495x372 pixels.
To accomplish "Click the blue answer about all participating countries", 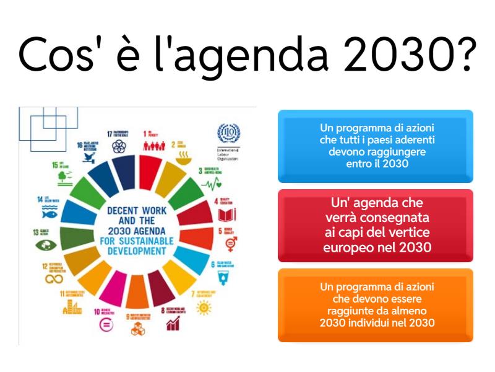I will (x=375, y=146).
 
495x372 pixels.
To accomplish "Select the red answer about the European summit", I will (x=375, y=226).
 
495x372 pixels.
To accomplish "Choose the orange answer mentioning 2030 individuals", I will (x=375, y=305).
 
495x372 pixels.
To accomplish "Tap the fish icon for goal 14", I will (x=45, y=212).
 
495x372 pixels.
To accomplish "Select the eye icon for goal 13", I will (x=43, y=244).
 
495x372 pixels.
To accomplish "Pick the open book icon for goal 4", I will (x=228, y=215).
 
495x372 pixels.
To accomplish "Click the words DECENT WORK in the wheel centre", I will (x=136, y=211).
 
